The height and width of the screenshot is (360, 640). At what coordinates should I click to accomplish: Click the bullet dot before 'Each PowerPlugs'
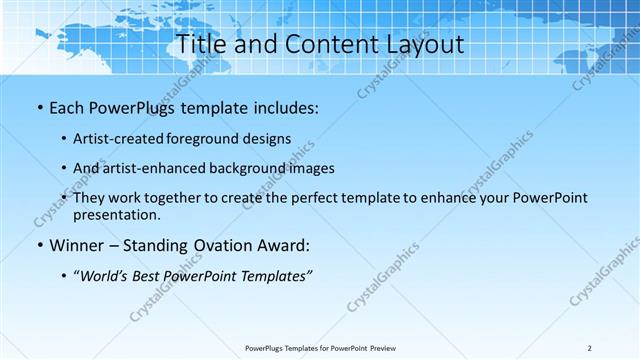tap(39, 107)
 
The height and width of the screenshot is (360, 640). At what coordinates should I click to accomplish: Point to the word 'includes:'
tap(285, 107)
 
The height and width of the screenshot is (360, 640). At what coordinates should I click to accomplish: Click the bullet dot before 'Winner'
tap(39, 245)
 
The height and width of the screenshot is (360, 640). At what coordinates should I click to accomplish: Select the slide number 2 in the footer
tap(590, 348)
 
